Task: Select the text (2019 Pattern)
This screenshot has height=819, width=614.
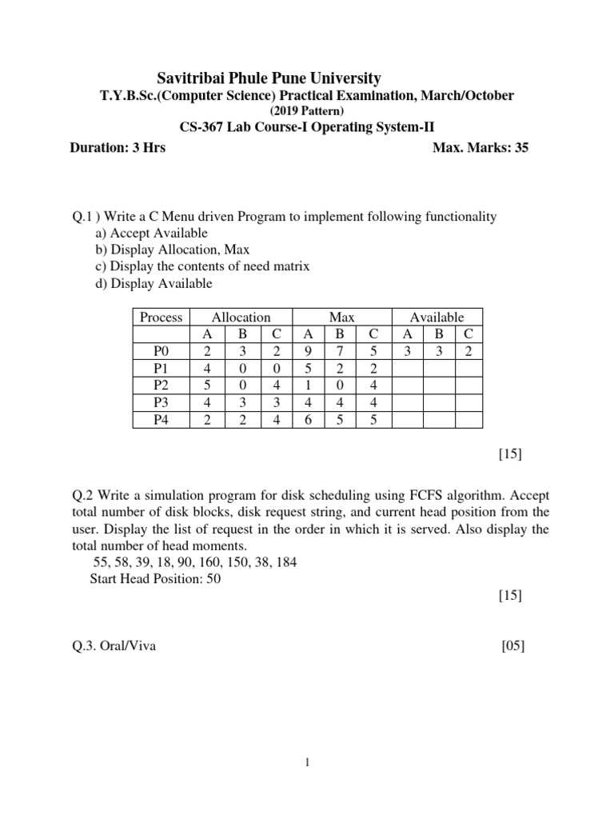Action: [x=306, y=110]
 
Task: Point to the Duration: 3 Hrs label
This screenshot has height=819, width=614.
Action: [x=118, y=148]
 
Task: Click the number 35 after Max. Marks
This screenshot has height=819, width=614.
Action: [x=520, y=148]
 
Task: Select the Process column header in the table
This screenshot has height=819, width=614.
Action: [x=161, y=318]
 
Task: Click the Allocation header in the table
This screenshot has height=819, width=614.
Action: [x=241, y=318]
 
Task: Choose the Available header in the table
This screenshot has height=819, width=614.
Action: [x=437, y=318]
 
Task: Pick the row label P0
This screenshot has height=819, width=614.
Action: [x=161, y=350]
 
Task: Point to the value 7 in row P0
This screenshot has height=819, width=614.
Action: [x=339, y=350]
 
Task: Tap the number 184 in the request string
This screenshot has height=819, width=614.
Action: [x=285, y=562]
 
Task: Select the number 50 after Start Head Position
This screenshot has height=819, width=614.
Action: [x=213, y=579]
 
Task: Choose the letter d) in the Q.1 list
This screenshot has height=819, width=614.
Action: [x=102, y=283]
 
